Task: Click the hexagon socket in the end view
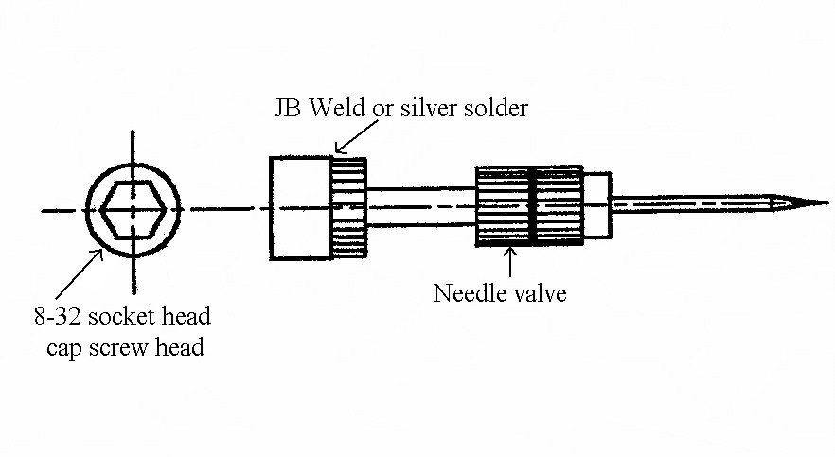point(133,208)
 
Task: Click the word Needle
point(466,294)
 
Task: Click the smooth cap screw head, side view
point(299,208)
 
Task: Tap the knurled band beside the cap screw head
point(347,208)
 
